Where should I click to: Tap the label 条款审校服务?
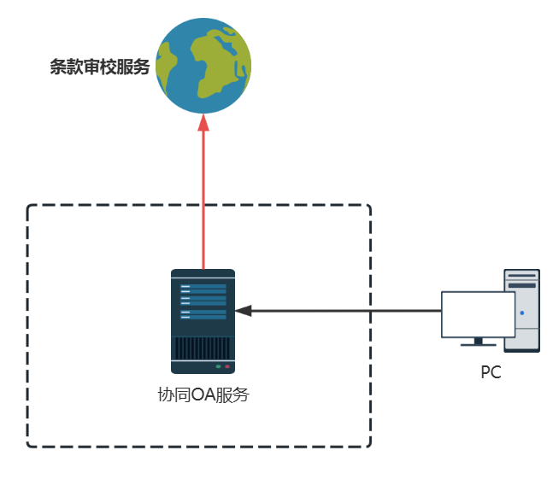click(x=99, y=68)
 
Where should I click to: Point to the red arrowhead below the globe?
click(x=203, y=124)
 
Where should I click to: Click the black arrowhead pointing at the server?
click(x=244, y=310)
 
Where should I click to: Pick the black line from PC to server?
click(x=342, y=310)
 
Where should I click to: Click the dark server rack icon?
click(x=203, y=321)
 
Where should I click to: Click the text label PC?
click(x=491, y=372)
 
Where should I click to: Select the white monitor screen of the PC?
click(x=478, y=313)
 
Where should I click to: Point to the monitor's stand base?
click(x=478, y=343)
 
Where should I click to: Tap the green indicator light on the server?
click(x=219, y=365)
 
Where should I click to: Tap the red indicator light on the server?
click(x=227, y=365)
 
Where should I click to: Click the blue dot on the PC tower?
click(x=521, y=313)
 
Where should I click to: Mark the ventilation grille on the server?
click(x=203, y=348)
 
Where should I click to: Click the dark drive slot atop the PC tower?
click(x=522, y=285)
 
